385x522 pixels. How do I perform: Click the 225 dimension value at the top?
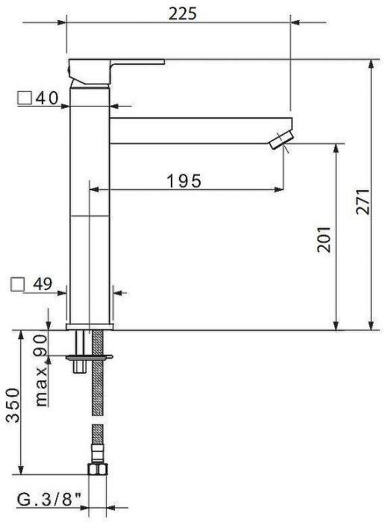click(x=183, y=13)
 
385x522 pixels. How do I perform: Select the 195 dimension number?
click(x=184, y=181)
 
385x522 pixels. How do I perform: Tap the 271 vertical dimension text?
click(x=363, y=202)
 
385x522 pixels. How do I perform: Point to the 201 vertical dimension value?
click(x=324, y=239)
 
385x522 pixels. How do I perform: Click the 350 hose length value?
click(x=13, y=405)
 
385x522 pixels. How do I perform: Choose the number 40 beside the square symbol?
click(x=47, y=98)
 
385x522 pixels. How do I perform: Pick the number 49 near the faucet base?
click(x=43, y=284)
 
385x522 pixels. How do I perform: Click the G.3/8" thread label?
click(x=49, y=500)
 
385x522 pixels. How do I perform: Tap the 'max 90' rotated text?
click(x=41, y=371)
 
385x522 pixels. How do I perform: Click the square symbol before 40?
click(x=25, y=98)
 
